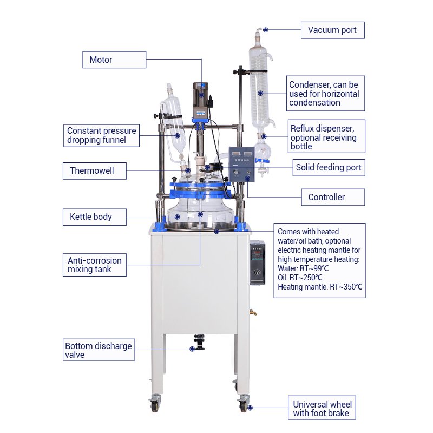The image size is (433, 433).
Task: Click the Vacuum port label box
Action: pyautogui.click(x=332, y=30)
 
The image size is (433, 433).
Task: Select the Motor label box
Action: pyautogui.click(x=114, y=60)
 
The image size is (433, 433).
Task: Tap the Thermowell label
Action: pyautogui.click(x=94, y=171)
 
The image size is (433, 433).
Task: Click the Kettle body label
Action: pyautogui.click(x=94, y=217)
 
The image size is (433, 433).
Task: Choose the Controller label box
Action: pyautogui.click(x=333, y=197)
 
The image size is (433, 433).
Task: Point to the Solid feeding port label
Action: pyautogui.click(x=329, y=168)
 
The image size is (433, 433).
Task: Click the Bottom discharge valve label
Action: pyautogui.click(x=99, y=350)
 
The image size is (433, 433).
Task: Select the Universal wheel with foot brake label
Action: pyautogui.click(x=322, y=408)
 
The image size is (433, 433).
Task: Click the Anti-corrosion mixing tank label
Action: pyautogui.click(x=94, y=265)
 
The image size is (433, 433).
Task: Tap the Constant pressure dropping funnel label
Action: pyautogui.click(x=101, y=136)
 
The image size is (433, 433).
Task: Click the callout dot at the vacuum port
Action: pyautogui.click(x=266, y=30)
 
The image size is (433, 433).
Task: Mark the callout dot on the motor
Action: pyautogui.click(x=201, y=95)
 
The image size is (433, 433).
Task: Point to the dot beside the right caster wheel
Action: pyautogui.click(x=250, y=408)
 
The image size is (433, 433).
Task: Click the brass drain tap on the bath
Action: pyautogui.click(x=253, y=312)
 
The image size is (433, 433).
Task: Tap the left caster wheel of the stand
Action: pyautogui.click(x=154, y=403)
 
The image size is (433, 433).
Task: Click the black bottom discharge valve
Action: pyautogui.click(x=199, y=342)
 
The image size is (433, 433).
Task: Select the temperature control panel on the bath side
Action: pyautogui.click(x=258, y=263)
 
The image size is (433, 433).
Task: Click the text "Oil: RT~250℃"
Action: pyautogui.click(x=300, y=278)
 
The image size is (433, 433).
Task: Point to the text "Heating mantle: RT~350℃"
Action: pyautogui.click(x=320, y=287)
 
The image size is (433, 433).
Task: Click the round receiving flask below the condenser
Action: pyautogui.click(x=263, y=152)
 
